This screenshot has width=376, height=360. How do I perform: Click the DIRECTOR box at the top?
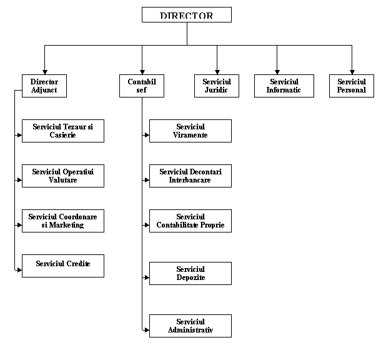[x=187, y=14]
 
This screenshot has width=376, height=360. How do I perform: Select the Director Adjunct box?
[x=44, y=86]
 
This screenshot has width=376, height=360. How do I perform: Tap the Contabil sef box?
[x=142, y=86]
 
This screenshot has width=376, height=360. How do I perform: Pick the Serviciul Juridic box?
[x=217, y=86]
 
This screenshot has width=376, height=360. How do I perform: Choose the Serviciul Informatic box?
[x=284, y=86]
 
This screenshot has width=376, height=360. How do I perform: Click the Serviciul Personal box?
[x=352, y=86]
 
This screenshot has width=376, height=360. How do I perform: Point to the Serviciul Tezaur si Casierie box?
[x=63, y=131]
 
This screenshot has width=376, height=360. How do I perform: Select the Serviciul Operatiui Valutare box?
[x=63, y=176]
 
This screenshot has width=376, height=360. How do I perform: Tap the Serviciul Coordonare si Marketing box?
[x=63, y=221]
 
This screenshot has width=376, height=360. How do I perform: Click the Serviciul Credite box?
[x=63, y=266]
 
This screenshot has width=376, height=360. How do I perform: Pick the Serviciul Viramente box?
[x=190, y=131]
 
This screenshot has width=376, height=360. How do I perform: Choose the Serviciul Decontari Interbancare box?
[x=190, y=176]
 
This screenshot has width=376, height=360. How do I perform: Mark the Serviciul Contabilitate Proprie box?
[x=190, y=221]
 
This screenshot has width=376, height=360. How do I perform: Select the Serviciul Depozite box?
[x=190, y=273]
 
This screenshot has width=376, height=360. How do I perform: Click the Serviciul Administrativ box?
[x=190, y=326]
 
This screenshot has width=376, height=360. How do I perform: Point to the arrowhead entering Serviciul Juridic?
[x=217, y=72]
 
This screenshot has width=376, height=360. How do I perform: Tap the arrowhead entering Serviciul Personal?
[x=352, y=72]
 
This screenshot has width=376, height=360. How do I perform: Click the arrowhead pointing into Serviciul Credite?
[x=19, y=270]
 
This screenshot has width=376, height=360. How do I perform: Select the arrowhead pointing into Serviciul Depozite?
[x=147, y=277]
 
